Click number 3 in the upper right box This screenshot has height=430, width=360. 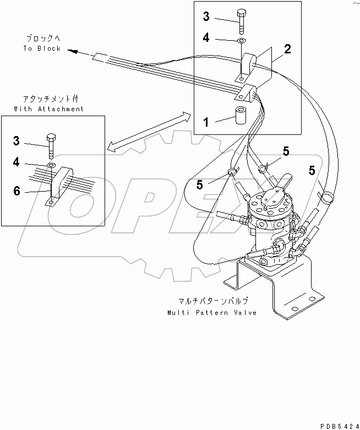tap(206, 17)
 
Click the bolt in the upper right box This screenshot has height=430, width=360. tap(242, 21)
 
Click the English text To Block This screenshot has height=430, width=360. tap(41, 48)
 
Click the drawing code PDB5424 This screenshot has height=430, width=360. tap(336, 424)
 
